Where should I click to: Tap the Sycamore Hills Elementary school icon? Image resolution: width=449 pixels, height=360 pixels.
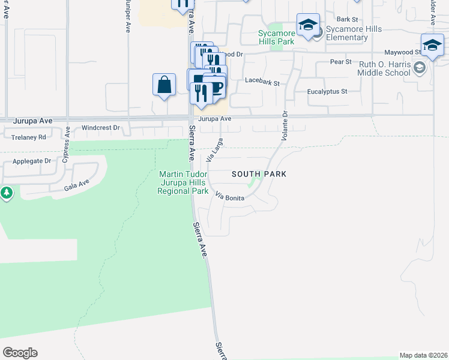click(x=308, y=25)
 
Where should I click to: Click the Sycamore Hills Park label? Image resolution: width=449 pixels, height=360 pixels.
click(x=276, y=37)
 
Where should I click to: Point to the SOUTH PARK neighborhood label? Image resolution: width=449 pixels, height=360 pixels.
click(x=259, y=174)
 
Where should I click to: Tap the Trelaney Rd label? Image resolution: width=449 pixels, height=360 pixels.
click(x=29, y=137)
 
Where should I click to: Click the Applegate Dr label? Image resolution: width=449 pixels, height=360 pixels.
click(x=32, y=161)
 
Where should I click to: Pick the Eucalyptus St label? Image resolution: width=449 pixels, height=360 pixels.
click(x=327, y=92)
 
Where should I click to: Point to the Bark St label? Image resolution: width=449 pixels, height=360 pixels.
click(x=347, y=19)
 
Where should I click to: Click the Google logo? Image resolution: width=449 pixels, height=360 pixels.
click(x=20, y=353)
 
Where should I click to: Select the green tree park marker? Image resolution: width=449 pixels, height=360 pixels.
click(x=6, y=193)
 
